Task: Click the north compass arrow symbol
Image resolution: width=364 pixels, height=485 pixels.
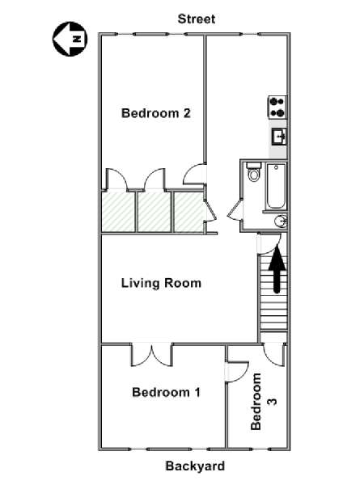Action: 70,39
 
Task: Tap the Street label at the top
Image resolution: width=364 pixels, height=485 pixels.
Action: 197,19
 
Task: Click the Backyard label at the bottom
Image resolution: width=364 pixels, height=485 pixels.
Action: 195,466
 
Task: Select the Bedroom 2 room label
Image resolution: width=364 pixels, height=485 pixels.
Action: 155,113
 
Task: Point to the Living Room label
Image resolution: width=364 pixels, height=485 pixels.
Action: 161,284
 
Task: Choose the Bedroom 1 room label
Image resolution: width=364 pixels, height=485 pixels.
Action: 166,392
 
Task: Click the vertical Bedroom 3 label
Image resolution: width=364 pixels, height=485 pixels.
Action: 263,402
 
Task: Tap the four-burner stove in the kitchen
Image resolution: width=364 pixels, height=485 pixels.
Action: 277,108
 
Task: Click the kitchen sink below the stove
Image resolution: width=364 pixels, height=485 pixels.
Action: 279,137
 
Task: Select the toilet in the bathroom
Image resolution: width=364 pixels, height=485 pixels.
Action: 254,172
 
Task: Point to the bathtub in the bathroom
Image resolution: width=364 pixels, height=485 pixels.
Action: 276,186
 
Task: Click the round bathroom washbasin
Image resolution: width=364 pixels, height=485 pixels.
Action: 281,221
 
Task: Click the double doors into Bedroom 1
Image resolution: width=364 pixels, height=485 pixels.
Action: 152,355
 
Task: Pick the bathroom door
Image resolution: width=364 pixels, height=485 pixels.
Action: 235,209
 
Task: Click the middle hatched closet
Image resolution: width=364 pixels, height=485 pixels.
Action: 154,212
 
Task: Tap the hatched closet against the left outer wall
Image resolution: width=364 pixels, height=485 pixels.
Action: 118,212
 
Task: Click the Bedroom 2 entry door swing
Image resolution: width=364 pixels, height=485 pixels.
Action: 194,175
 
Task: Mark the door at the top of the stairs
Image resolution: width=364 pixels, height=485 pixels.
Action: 270,244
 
